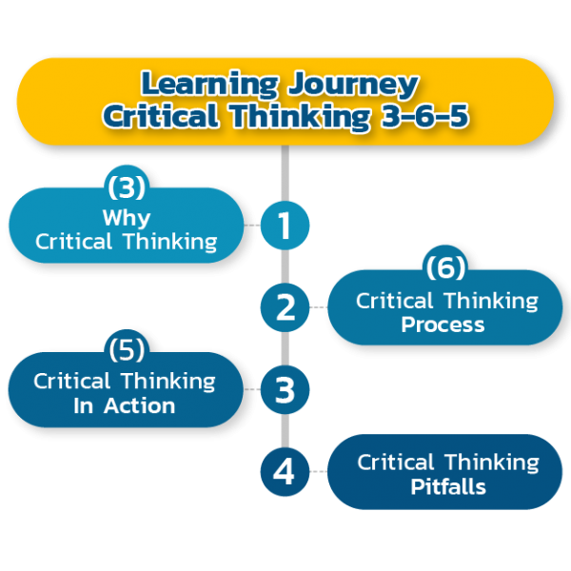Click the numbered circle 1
[285, 226]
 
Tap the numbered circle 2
[285, 307]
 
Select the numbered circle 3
[285, 389]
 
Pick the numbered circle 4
[285, 472]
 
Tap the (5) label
[126, 349]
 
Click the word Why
[126, 217]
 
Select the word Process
[443, 325]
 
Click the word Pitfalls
[448, 487]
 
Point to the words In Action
[125, 405]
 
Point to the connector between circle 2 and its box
[318, 307]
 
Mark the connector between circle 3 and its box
[251, 389]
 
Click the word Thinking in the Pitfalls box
[491, 463]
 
